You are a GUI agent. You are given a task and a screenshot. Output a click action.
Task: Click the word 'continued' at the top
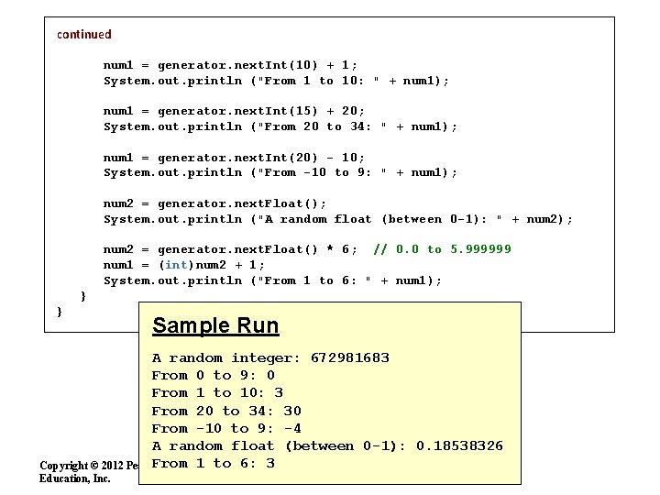tap(84, 34)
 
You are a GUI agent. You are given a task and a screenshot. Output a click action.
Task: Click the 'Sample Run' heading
tap(215, 325)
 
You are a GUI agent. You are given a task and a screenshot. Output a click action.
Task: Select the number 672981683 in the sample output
tap(350, 357)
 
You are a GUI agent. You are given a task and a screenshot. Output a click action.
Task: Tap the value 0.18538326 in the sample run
tap(459, 445)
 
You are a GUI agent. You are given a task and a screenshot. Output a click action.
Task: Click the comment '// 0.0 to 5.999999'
tap(442, 249)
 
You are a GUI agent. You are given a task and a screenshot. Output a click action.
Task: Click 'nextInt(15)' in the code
tap(275, 111)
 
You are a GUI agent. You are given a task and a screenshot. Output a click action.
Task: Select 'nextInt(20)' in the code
tap(275, 157)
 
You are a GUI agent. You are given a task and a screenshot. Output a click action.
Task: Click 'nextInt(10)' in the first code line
tap(275, 65)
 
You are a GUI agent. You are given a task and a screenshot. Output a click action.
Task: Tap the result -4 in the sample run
tap(292, 428)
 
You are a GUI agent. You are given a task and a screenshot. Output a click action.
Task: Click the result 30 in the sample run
tap(292, 411)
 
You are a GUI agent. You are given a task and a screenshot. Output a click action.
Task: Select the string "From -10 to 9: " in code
tap(322, 172)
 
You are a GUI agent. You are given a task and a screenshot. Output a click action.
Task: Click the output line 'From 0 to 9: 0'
tap(213, 375)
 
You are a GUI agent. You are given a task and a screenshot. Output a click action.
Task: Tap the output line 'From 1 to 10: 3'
tap(217, 392)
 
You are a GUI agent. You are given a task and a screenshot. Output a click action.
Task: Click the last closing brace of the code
tap(60, 312)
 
